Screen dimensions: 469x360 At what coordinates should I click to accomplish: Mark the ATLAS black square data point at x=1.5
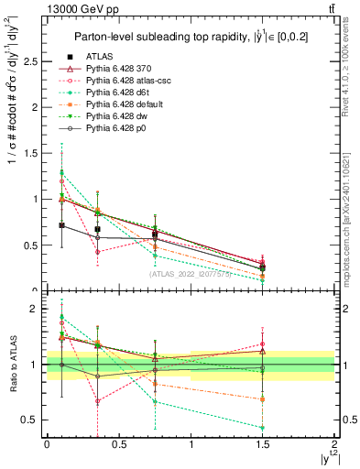[263, 267]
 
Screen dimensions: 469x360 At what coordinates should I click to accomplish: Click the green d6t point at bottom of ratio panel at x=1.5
[263, 428]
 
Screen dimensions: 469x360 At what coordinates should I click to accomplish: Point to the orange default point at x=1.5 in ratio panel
[263, 399]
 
